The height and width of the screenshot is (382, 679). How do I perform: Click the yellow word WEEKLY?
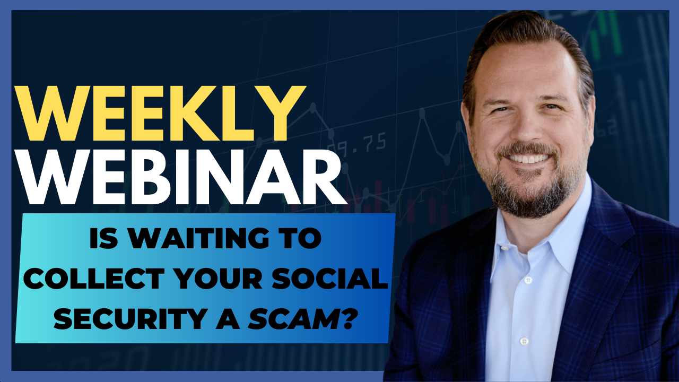(x=160, y=113)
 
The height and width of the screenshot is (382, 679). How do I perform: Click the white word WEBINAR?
(x=181, y=177)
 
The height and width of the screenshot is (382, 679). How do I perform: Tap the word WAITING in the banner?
(x=199, y=238)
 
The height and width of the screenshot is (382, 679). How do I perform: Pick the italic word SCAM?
(x=292, y=319)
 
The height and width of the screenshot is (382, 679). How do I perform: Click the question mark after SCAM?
(x=346, y=319)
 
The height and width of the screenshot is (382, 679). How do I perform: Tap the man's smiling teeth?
(x=528, y=158)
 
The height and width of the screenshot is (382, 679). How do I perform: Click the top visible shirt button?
(x=528, y=280)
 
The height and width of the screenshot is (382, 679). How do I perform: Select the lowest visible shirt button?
(x=525, y=341)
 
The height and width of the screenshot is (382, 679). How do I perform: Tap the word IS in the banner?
(x=103, y=238)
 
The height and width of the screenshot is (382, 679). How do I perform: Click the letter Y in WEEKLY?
(x=282, y=113)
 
